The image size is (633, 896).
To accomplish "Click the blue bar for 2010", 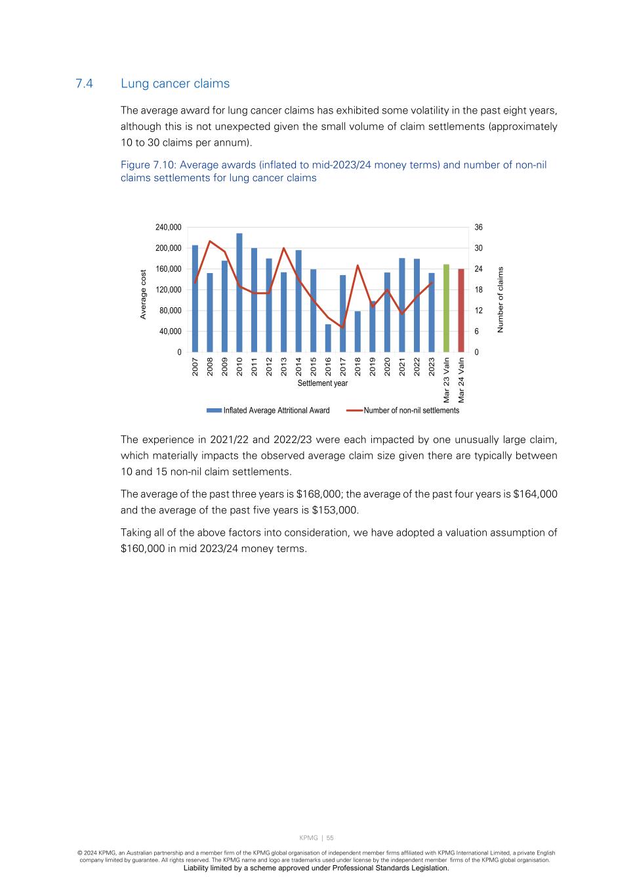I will [x=239, y=293].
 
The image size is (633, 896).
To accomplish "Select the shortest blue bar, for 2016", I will [x=328, y=338].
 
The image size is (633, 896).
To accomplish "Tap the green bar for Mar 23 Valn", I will [x=447, y=309].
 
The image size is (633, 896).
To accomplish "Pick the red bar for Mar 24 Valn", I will [x=461, y=310].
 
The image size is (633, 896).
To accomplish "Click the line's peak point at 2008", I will [x=210, y=241].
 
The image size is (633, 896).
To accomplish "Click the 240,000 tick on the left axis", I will [x=169, y=227].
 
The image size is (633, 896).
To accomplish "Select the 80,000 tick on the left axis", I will [x=171, y=310].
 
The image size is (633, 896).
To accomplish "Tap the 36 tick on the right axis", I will [x=479, y=227].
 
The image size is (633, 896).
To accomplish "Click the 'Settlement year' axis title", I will [x=323, y=383].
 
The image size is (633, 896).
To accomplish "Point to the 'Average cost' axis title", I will [x=143, y=295].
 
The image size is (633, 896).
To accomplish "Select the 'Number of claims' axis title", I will [x=500, y=299].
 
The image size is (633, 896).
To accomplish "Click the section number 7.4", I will [x=85, y=83].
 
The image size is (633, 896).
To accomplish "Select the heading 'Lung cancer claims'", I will [x=175, y=83].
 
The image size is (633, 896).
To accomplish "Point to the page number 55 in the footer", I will [x=330, y=838].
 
